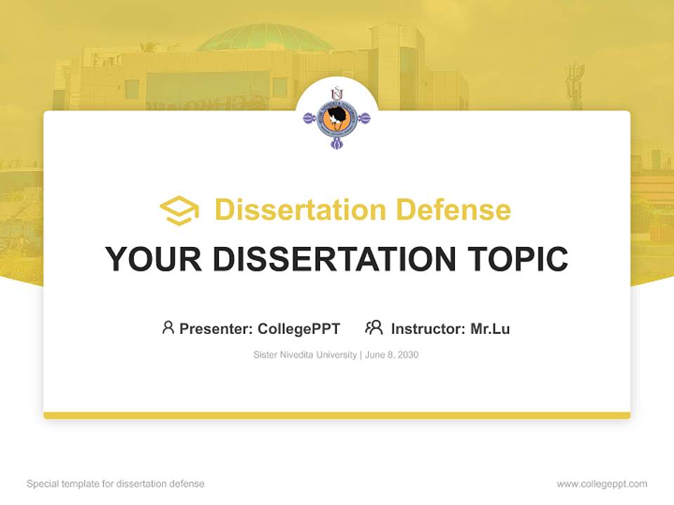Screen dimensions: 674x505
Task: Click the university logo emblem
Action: pos(337,118)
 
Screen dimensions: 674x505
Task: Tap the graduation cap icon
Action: pos(179,210)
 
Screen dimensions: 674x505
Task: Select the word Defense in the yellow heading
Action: pos(454,210)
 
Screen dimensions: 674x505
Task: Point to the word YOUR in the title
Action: pos(154,259)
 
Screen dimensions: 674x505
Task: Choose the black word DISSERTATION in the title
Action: pos(334,259)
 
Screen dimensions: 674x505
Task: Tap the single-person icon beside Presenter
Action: pos(168,328)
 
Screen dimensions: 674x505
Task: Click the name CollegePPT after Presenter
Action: pos(299,329)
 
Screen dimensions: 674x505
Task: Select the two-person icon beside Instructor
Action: pos(374,328)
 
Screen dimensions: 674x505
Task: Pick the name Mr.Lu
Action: pos(490,329)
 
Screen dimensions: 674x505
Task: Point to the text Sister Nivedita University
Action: pos(305,355)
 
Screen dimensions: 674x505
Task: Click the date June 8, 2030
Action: pos(392,355)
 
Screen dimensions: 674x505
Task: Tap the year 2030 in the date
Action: pos(408,355)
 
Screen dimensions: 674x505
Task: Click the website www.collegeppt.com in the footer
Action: pos(602,484)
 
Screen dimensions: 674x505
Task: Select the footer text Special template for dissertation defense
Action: pos(116,484)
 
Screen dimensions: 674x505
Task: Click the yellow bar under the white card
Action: pos(337,415)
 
